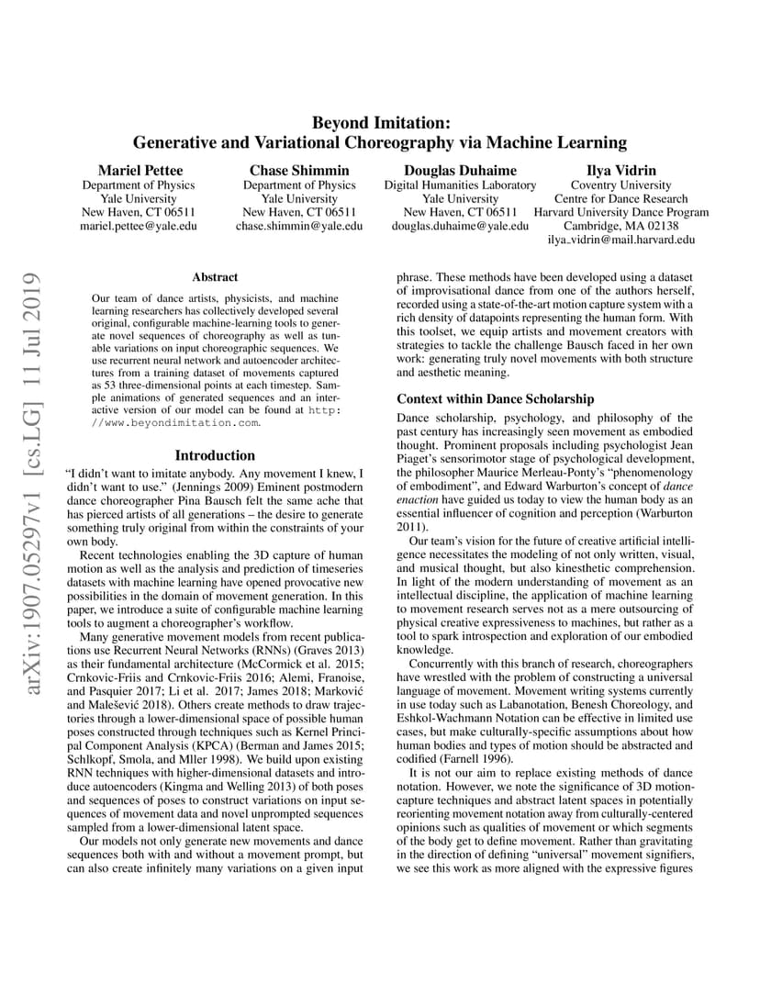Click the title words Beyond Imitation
[x=380, y=122]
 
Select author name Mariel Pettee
[x=140, y=170]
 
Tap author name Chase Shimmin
[x=299, y=170]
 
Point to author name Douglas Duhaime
[x=460, y=170]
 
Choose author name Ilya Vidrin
[x=621, y=170]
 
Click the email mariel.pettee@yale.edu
[x=140, y=226]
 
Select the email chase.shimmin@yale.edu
[x=299, y=226]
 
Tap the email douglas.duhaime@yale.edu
[x=460, y=226]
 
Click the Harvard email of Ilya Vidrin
[x=621, y=240]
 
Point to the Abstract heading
[x=215, y=276]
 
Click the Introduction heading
[x=215, y=455]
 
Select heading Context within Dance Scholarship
[x=495, y=399]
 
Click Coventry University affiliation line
[x=621, y=184]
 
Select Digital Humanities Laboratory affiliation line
[x=460, y=184]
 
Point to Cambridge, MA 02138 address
[x=621, y=226]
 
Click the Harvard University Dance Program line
[x=621, y=212]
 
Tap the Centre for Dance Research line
[x=621, y=198]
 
